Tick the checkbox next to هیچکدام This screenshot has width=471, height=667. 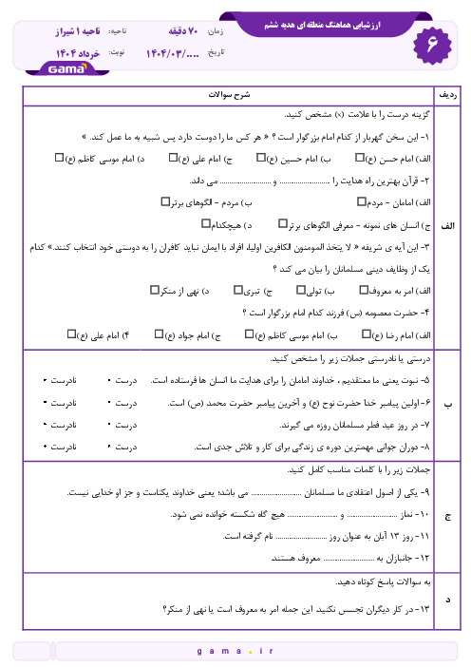point(206,224)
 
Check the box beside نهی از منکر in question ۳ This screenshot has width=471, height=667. point(155,288)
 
